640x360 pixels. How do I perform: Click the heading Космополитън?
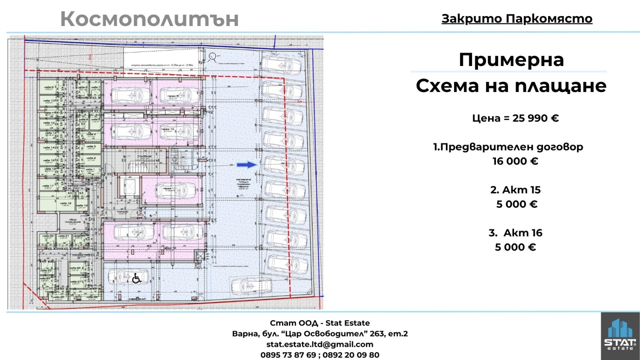pos(149,19)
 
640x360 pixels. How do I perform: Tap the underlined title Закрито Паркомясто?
pos(517,18)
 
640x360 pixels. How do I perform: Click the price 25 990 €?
pos(536,118)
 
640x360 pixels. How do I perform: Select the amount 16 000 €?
pos(515,161)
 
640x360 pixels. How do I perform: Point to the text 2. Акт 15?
pos(515,190)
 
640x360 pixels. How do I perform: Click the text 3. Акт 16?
pos(515,233)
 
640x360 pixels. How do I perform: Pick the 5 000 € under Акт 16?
pos(515,247)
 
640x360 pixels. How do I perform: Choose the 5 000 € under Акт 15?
pos(516,204)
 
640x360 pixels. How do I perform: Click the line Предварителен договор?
pos(508,147)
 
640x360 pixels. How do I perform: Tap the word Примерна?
pos(511,60)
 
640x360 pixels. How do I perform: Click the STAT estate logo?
pos(620,335)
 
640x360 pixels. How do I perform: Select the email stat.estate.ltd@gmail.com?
pos(320,344)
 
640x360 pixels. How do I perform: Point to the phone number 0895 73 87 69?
pos(288,355)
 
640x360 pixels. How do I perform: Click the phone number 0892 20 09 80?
pos(351,355)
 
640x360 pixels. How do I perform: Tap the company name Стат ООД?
pos(294,323)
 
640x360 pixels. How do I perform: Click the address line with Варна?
pos(320,334)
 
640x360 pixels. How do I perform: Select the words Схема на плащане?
pos(511,86)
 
